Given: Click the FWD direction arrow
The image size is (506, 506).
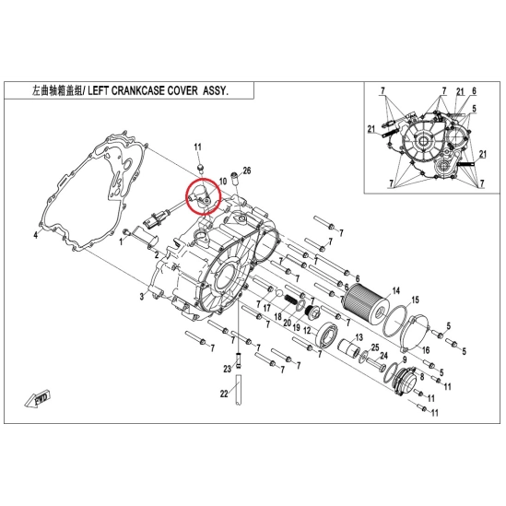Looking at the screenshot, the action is click(x=38, y=399).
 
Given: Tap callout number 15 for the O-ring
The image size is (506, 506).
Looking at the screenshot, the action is click(x=416, y=300).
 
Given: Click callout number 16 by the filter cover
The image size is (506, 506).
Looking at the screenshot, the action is click(x=426, y=350).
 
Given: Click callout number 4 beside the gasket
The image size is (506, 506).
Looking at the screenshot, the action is click(x=36, y=235).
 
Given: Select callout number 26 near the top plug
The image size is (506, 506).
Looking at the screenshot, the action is click(x=246, y=171).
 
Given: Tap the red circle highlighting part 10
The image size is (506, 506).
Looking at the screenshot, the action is click(x=204, y=196).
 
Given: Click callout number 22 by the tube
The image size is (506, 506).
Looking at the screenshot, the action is click(x=224, y=394).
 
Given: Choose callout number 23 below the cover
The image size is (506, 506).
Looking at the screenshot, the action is click(x=227, y=368).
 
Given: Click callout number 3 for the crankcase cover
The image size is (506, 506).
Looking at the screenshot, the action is click(x=142, y=296).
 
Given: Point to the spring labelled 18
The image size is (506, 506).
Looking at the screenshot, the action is click(x=290, y=301).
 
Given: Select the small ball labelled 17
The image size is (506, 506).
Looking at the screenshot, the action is click(x=279, y=293).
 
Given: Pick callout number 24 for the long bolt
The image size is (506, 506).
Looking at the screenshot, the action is click(x=383, y=356).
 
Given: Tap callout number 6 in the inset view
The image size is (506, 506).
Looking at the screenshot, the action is click(x=474, y=91).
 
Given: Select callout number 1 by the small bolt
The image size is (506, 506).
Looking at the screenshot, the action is click(x=121, y=241).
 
